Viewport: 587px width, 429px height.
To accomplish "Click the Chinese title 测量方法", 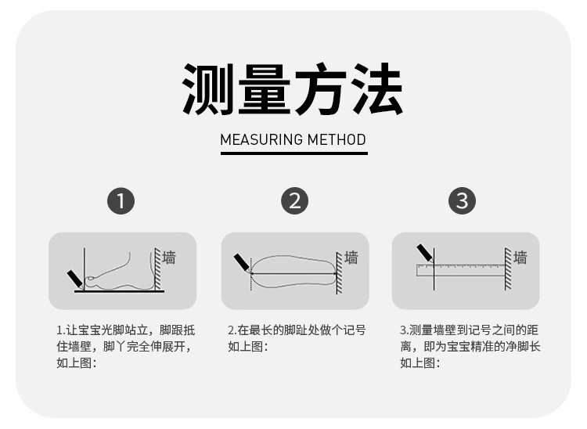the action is (x=293, y=89).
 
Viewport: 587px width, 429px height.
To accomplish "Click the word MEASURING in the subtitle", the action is (x=261, y=139).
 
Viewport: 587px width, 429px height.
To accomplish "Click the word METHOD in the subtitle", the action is (x=337, y=139).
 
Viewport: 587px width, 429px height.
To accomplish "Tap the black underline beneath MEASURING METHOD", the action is (x=293, y=153).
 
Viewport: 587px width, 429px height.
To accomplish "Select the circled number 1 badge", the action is (x=121, y=201).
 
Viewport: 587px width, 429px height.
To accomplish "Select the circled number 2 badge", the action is (x=294, y=201).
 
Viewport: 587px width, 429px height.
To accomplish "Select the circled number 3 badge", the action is (x=462, y=201).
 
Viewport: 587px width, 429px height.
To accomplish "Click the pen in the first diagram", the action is (x=75, y=279).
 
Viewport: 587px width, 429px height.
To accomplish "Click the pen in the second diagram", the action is (x=242, y=263).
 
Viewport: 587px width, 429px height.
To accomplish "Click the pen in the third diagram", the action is (x=425, y=253).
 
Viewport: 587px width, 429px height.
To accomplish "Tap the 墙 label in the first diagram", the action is (x=168, y=258).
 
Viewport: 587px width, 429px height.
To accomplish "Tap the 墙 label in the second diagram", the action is (x=351, y=258).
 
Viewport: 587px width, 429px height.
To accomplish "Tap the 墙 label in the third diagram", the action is (x=520, y=258).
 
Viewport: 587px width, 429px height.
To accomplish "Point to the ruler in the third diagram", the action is (x=461, y=270).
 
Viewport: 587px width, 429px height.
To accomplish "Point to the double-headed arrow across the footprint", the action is (x=293, y=274).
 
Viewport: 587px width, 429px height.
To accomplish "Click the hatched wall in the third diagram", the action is (x=508, y=269).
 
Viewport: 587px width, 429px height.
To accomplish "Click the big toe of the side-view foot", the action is (x=92, y=279).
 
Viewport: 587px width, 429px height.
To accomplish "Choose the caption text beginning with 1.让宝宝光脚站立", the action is (x=126, y=347).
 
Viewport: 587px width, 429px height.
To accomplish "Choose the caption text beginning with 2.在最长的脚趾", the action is (x=297, y=338).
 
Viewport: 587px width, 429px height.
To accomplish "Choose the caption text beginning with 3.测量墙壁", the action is (x=470, y=347).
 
